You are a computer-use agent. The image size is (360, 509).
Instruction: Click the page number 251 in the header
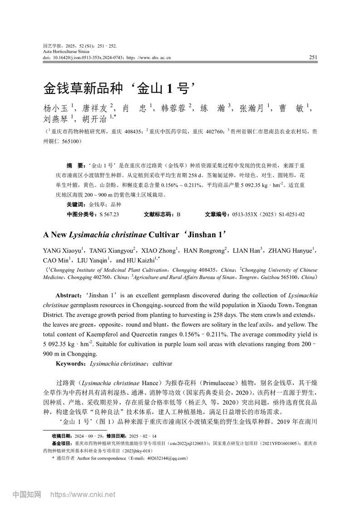313,57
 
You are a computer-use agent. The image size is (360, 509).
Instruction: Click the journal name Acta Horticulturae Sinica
64,52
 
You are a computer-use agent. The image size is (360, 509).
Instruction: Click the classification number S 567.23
109,214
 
